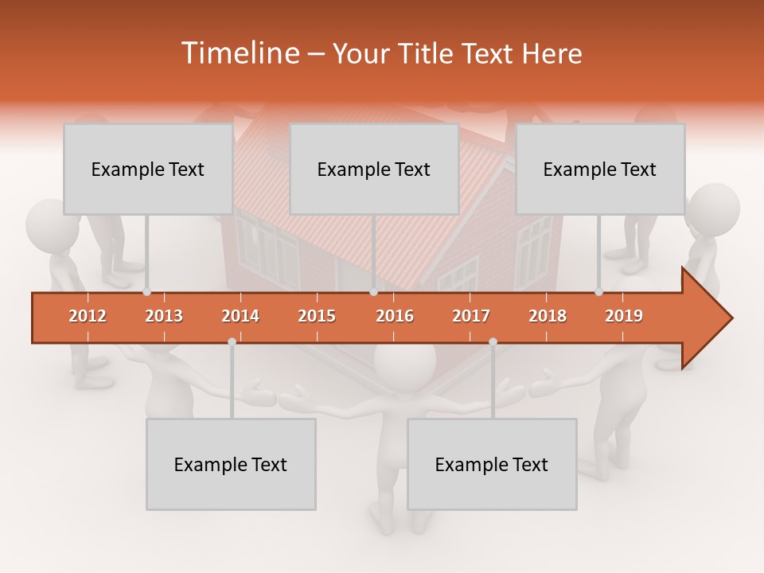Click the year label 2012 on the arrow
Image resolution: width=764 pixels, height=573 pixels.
click(88, 316)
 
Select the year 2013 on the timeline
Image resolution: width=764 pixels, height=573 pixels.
click(164, 316)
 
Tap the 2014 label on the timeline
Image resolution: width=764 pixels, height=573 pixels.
click(240, 316)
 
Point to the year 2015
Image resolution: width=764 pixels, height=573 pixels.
click(317, 316)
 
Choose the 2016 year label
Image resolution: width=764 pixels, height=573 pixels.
click(395, 316)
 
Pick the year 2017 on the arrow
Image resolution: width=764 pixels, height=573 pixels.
click(471, 316)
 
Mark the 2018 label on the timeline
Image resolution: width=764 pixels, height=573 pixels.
click(548, 316)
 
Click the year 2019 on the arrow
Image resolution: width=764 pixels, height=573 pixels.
click(624, 316)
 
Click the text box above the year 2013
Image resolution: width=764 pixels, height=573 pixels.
click(148, 169)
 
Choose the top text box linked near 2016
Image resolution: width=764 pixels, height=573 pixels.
click(374, 169)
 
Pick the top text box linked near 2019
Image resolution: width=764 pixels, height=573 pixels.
click(600, 169)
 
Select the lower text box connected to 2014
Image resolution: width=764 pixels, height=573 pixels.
click(231, 464)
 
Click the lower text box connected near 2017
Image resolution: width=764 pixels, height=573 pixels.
click(492, 464)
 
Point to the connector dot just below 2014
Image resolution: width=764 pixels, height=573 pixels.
click(232, 341)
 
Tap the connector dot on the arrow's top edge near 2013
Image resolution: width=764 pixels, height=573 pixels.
click(147, 292)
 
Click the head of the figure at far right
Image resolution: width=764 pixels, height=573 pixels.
click(713, 209)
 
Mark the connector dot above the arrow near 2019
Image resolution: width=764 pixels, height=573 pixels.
click(599, 292)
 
